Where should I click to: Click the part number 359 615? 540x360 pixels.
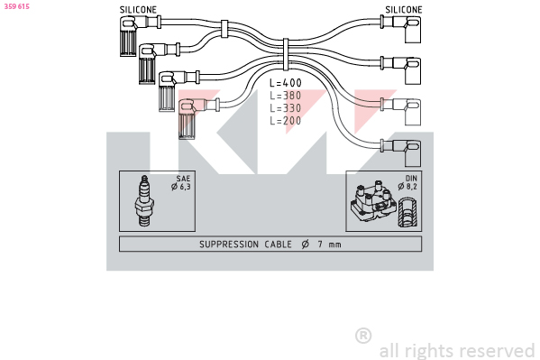pos(16,6)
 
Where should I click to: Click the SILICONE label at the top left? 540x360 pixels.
pos(138,10)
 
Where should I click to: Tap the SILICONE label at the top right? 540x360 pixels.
pos(404,10)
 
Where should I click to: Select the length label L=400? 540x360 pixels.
pos(286,83)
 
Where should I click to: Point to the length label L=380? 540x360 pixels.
pos(286,96)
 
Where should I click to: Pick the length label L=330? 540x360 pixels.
pos(286,108)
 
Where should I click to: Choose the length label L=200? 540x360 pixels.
pos(286,121)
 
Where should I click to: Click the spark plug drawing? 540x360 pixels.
pos(144,201)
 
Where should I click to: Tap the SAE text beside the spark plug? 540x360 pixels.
pos(183,179)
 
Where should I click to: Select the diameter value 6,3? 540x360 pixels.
pos(186,187)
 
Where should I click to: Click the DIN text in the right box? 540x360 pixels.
pos(411,179)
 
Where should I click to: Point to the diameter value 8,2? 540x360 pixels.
pos(412,187)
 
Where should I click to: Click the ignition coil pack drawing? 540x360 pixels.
pos(373,202)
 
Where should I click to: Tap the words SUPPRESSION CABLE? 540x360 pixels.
pos(245,245)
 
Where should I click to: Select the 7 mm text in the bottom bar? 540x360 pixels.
pos(330,245)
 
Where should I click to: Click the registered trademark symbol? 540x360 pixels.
pos(363,336)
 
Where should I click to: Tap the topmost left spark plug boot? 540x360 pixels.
pos(130,36)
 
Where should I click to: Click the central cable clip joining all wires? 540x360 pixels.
pos(286,55)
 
